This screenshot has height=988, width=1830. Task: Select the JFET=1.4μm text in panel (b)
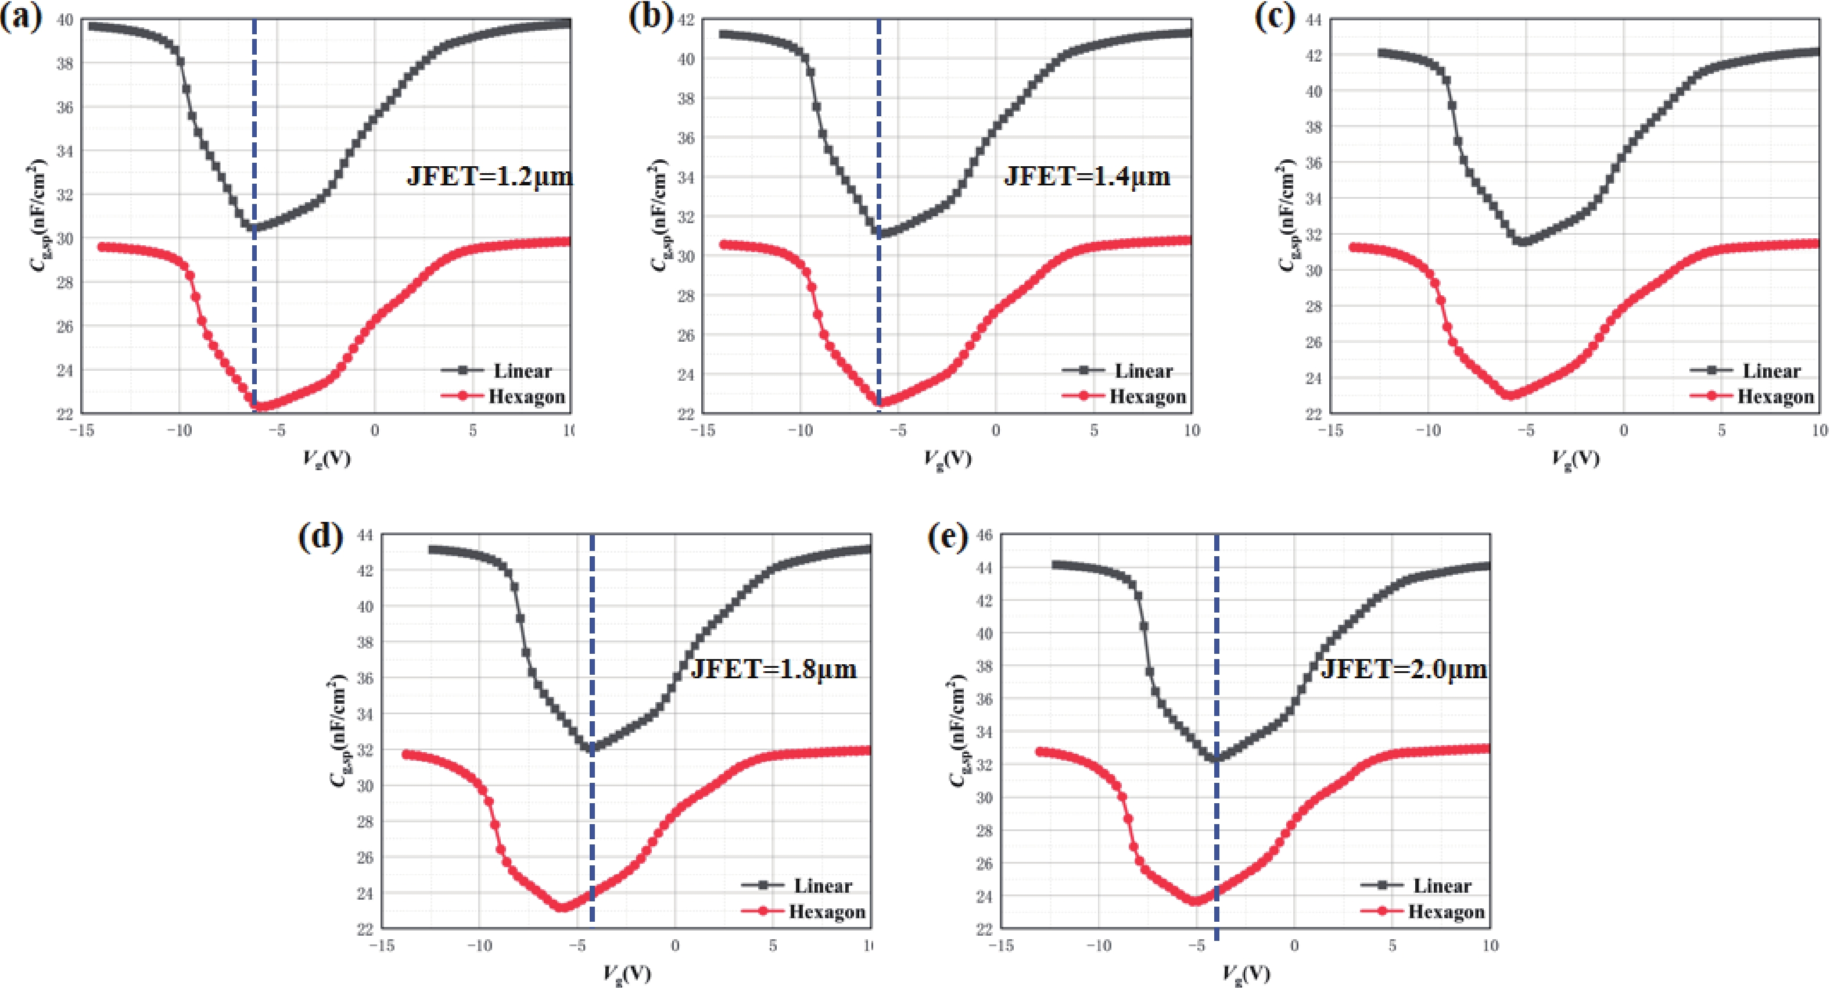point(1087,176)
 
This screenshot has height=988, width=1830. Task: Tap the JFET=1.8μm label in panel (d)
point(774,669)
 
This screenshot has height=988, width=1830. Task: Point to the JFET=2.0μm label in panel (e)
point(1404,669)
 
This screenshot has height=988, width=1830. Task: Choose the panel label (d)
point(320,535)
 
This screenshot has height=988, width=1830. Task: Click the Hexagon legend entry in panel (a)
point(526,396)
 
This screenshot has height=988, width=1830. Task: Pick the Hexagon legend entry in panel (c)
point(1775,396)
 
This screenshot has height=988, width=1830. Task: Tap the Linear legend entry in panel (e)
point(1441,886)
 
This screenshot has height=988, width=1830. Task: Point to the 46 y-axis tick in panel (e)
point(984,535)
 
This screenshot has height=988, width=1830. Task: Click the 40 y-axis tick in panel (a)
point(64,20)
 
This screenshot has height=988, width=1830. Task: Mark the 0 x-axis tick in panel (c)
point(1624,431)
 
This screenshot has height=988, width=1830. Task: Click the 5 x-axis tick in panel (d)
point(773,946)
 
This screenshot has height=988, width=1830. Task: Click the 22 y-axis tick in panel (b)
point(686,414)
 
